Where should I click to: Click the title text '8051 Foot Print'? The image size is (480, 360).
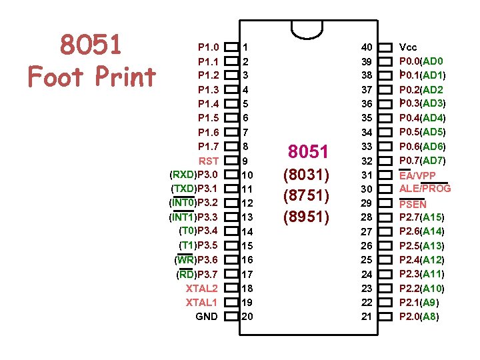[91, 61]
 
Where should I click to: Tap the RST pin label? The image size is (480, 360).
[208, 161]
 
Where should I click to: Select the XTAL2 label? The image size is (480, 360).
[201, 288]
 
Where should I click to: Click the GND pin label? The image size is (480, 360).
[206, 317]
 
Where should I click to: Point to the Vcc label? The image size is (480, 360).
[407, 47]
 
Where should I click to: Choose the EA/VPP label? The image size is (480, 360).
[417, 175]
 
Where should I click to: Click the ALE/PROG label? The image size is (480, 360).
[425, 189]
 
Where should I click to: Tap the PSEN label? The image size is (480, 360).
[413, 204]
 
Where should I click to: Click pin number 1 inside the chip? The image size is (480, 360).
[245, 47]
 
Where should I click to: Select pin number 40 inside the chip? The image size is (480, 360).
[367, 47]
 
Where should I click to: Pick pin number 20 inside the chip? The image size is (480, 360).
[247, 317]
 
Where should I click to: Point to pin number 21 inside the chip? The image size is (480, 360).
[367, 317]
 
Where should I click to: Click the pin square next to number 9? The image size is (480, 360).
[231, 161]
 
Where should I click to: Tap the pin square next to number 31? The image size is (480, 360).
[384, 175]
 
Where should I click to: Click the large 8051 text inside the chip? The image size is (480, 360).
[307, 152]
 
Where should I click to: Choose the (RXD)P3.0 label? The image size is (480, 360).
[193, 175]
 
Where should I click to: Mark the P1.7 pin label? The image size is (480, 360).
[208, 146]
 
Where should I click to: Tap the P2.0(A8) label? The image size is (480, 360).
[419, 317]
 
